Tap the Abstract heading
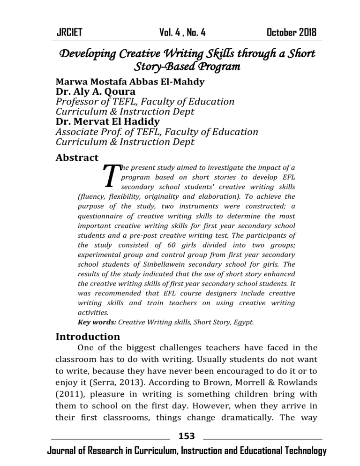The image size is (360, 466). (x=77, y=158)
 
